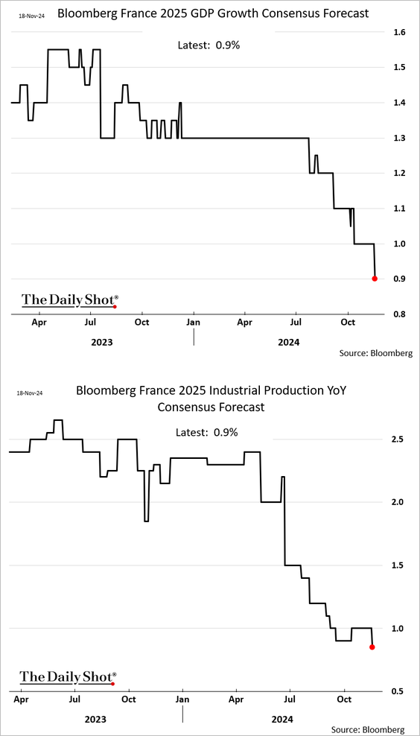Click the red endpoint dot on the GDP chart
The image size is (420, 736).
(x=375, y=279)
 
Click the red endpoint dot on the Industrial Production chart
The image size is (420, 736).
(x=372, y=647)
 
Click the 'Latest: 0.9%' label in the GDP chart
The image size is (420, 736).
(x=209, y=45)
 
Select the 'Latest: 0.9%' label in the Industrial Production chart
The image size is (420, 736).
(x=207, y=432)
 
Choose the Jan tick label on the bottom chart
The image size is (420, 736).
(x=182, y=699)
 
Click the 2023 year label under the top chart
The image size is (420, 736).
(x=101, y=342)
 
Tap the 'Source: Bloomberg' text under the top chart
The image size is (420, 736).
(x=376, y=352)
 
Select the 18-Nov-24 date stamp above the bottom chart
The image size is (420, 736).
(x=30, y=393)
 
